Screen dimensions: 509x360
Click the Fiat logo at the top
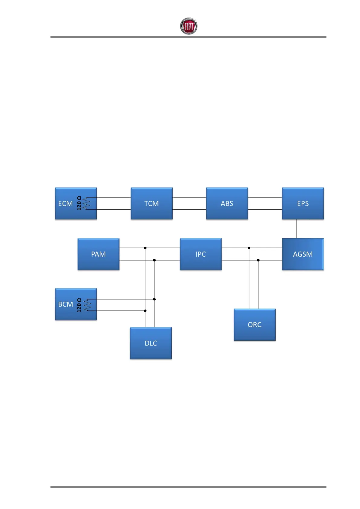point(189,26)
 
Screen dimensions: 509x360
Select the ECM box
point(66,203)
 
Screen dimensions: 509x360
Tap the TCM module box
point(151,203)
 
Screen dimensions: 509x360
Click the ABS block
point(227,203)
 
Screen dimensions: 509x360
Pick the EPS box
point(303,203)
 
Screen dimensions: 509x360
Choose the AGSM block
point(303,254)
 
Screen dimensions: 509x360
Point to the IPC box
point(201,254)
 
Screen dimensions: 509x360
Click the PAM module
point(99,254)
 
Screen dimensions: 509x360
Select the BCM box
point(66,304)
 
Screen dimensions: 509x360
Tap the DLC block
point(151,343)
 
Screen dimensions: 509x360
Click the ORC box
point(255,325)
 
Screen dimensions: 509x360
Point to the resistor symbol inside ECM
point(87,203)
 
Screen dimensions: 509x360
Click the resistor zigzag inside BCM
point(87,305)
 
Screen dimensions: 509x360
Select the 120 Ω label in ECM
point(79,203)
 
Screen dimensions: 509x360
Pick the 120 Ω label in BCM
point(79,305)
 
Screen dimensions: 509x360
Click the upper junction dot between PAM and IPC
point(145,248)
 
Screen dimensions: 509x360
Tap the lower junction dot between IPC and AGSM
point(258,260)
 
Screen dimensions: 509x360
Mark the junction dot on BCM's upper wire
point(154,299)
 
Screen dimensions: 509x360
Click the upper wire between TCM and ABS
point(189,197)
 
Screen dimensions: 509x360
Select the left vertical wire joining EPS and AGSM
point(297,229)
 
